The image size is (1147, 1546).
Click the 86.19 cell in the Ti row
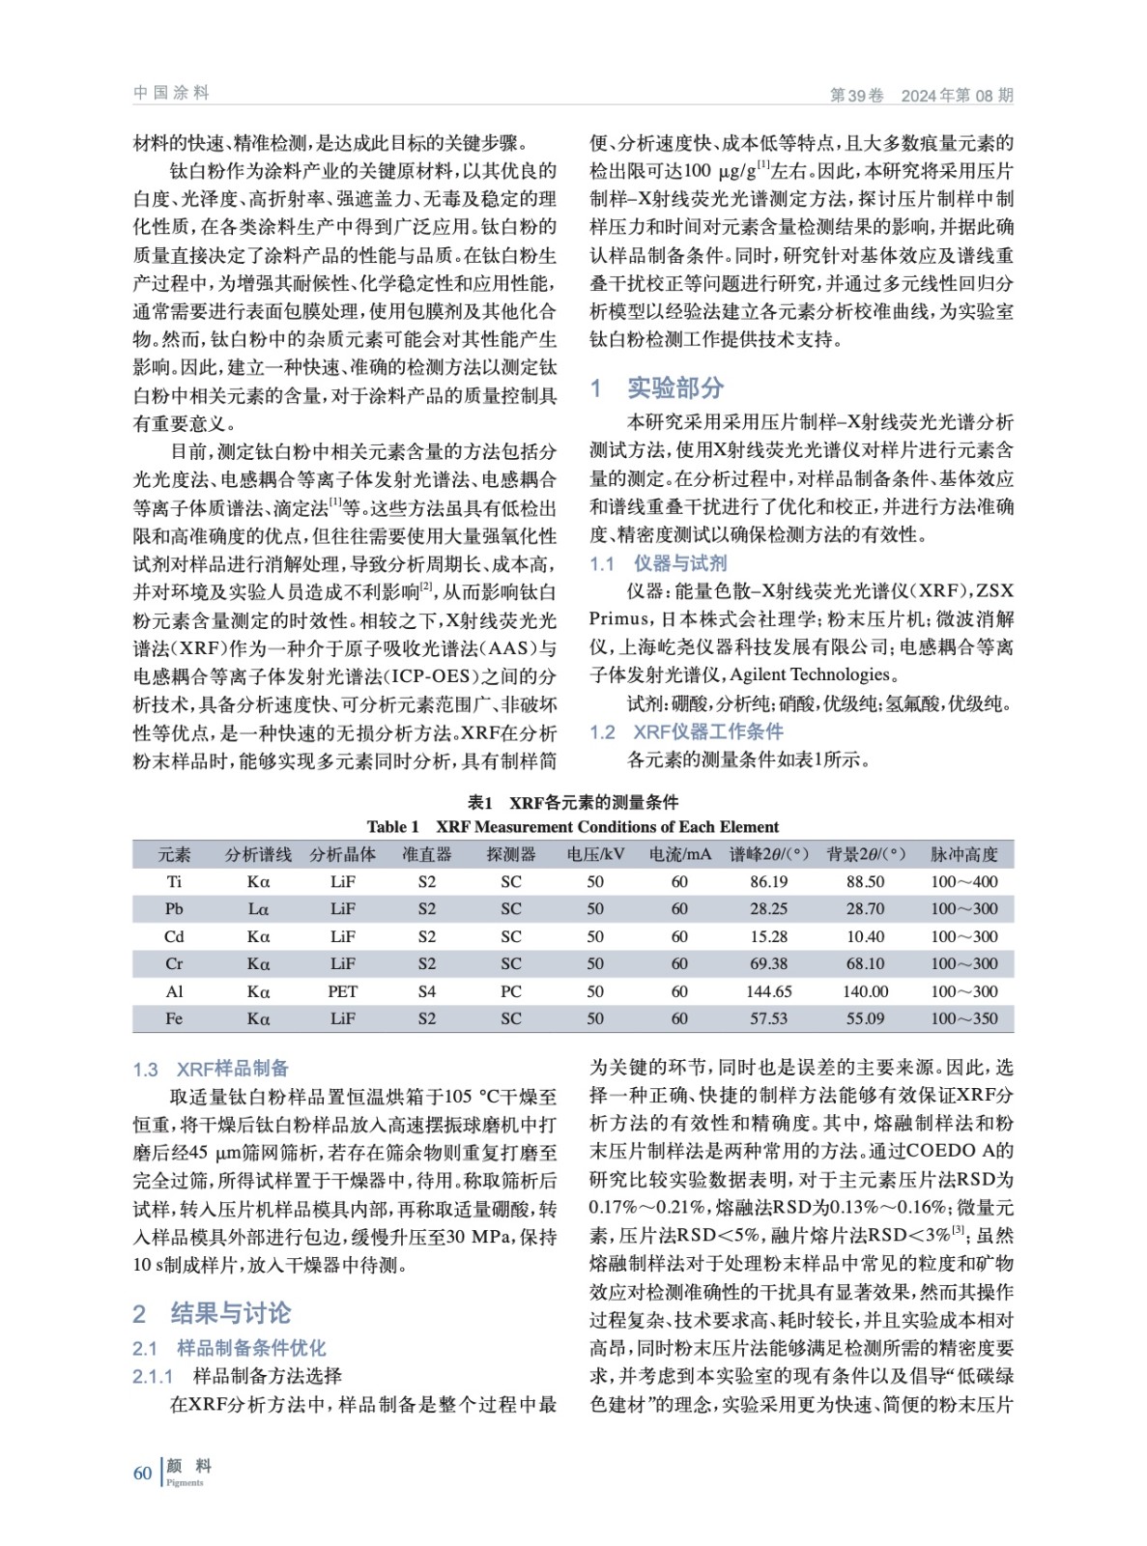(768, 881)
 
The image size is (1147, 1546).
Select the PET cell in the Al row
(342, 991)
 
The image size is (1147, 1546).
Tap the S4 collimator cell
(426, 991)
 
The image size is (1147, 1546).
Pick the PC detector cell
(510, 991)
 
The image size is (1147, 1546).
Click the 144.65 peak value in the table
(768, 991)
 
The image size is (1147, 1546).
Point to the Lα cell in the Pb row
(258, 909)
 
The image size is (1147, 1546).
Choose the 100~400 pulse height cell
(963, 881)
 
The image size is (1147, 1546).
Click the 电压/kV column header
(595, 854)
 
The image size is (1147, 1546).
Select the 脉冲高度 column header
(963, 854)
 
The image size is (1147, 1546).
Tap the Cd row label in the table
(174, 936)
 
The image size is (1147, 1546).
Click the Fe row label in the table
(174, 1018)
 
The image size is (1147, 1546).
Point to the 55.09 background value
(865, 1018)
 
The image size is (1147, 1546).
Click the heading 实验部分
(675, 388)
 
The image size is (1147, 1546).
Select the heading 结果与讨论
(230, 1313)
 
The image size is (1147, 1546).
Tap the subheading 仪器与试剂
(679, 563)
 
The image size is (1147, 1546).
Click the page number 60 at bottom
(143, 1473)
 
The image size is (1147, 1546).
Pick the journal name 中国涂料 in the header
(171, 93)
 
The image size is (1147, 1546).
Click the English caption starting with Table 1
(572, 827)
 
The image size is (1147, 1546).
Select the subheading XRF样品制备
(232, 1069)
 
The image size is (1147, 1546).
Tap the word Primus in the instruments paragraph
(619, 619)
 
